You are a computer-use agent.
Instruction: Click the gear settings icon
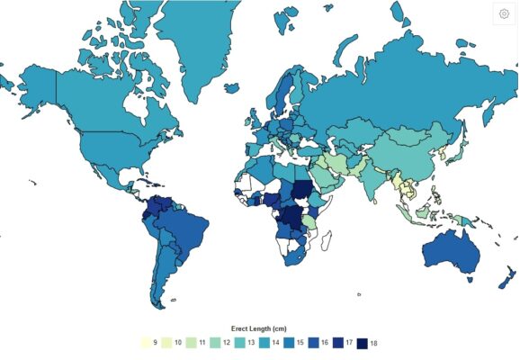[504, 15]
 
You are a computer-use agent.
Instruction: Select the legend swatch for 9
[145, 343]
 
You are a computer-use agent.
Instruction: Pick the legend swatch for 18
[362, 343]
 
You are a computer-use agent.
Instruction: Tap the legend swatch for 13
[241, 343]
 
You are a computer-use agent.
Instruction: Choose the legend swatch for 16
[314, 343]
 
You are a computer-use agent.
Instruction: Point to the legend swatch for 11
[193, 343]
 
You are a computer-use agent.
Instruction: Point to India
[379, 176]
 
